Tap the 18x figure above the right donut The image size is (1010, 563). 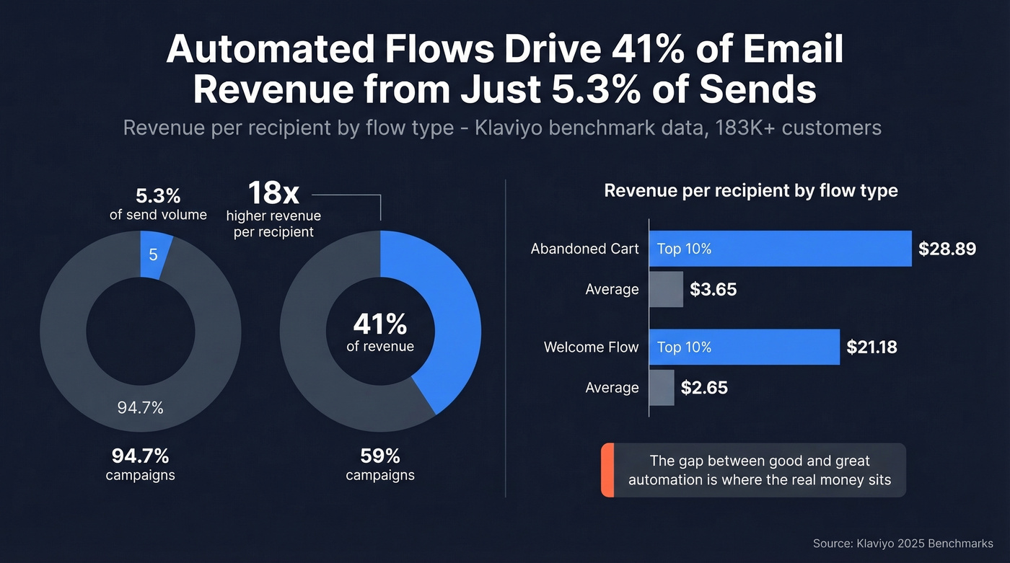coord(273,193)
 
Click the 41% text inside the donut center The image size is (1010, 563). coord(379,324)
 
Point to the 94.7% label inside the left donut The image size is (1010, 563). coord(140,408)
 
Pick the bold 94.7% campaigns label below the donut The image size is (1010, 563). coord(140,456)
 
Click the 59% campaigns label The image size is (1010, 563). coord(379,456)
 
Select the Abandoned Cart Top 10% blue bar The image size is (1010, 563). coord(779,249)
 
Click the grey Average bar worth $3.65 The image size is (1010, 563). coord(665,289)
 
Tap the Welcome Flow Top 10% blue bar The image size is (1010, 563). coord(743,347)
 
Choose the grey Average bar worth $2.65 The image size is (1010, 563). coord(661,387)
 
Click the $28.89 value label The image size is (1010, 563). coord(947,249)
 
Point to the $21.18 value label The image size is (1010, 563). coord(871,347)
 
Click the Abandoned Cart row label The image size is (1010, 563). coord(584,249)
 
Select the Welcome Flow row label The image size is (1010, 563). coord(591,347)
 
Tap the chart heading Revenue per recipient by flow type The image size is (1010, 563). coord(750,191)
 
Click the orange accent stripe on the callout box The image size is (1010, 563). coord(607,470)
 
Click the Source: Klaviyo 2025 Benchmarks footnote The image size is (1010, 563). coord(903,544)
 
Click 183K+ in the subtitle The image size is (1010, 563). coord(742,128)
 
